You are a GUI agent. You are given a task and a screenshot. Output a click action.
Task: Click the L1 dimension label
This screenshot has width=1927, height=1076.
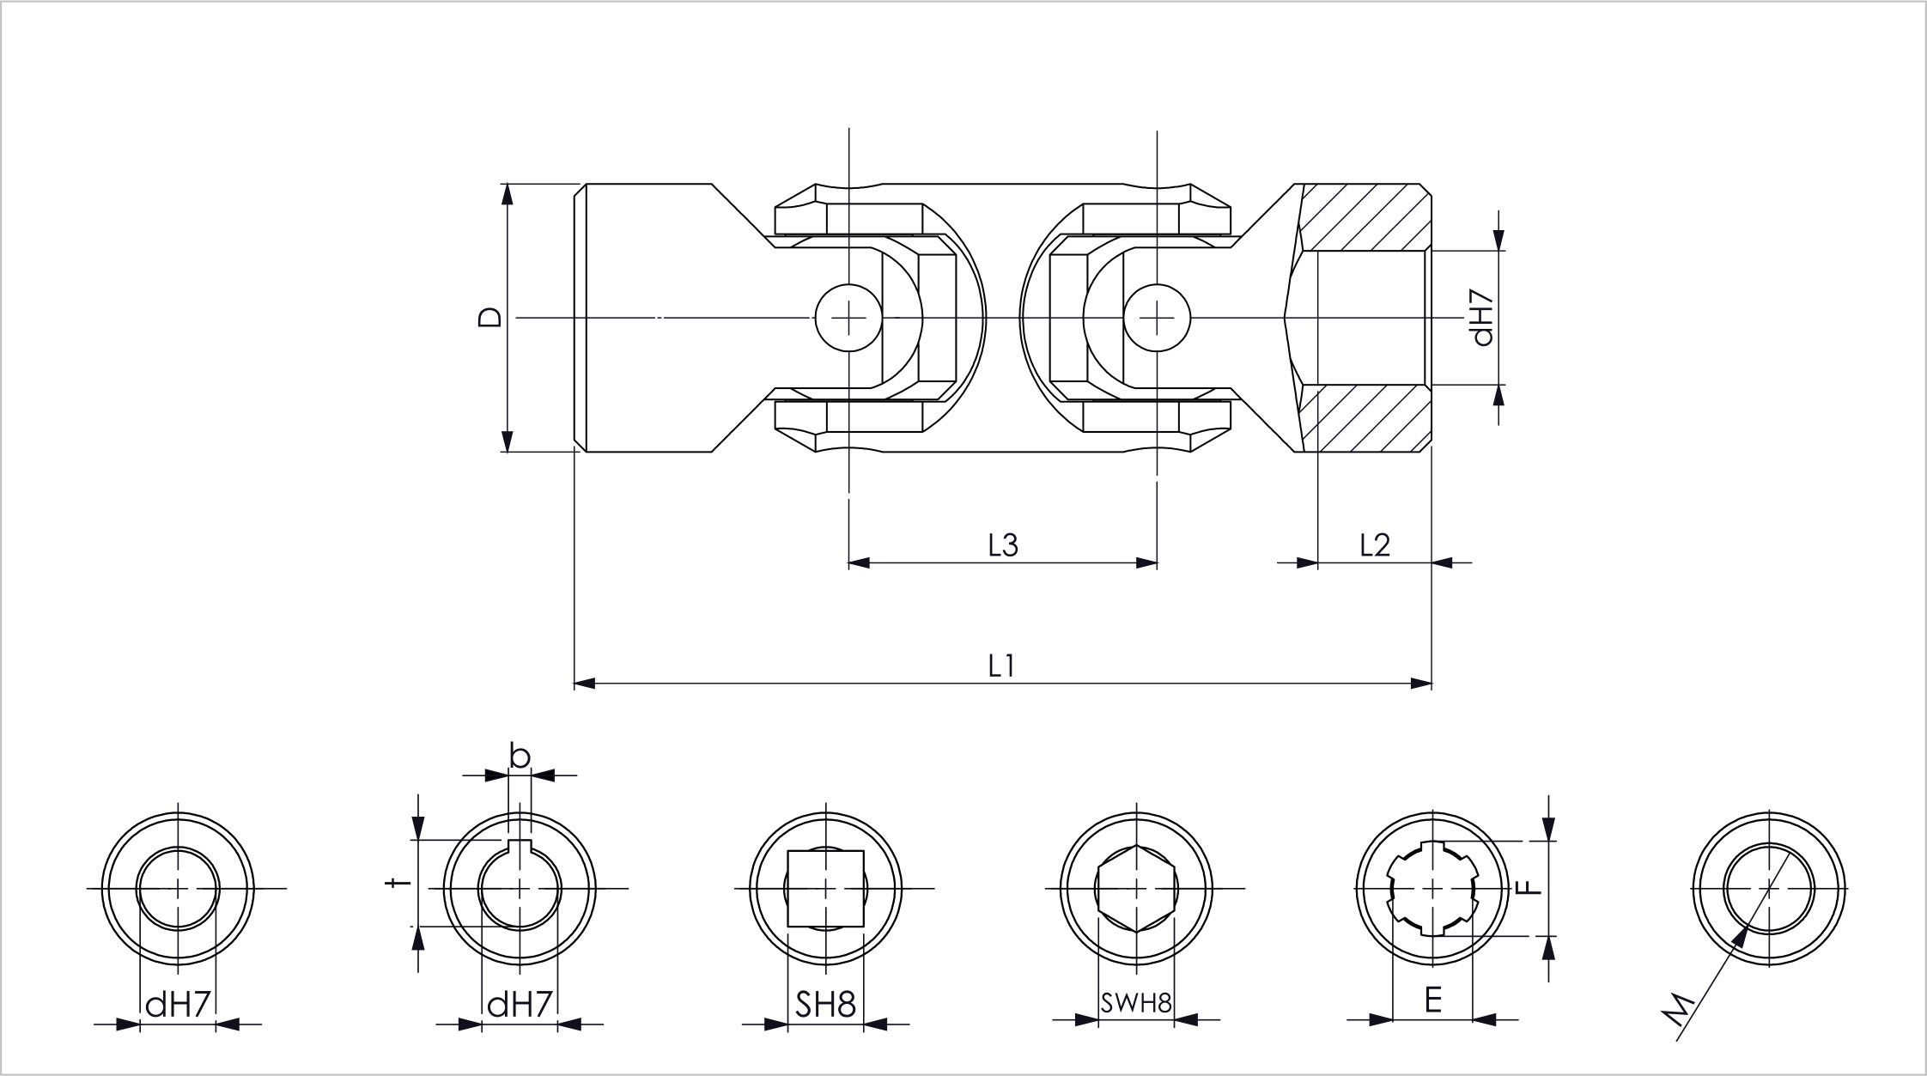(1001, 666)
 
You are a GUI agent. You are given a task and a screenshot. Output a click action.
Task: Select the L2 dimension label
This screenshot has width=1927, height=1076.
(1375, 544)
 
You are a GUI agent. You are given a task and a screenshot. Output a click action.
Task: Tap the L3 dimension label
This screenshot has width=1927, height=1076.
(1003, 544)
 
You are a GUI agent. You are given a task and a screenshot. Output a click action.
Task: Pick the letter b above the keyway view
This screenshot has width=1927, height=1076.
(520, 756)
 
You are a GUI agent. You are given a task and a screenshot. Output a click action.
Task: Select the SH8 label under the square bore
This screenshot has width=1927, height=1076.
(825, 1004)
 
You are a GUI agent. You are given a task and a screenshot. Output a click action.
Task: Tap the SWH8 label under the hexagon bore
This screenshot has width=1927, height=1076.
(1136, 1003)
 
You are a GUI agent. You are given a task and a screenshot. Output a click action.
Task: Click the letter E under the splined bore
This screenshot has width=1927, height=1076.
(1432, 1000)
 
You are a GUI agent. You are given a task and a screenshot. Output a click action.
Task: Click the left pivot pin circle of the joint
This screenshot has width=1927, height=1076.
(848, 318)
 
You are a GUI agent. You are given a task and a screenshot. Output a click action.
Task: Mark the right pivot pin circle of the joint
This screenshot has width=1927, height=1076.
(1157, 318)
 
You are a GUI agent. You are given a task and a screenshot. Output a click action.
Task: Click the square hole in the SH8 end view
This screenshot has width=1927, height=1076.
(825, 888)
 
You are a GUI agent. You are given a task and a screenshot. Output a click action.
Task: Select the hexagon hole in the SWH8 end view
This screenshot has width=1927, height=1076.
(1137, 888)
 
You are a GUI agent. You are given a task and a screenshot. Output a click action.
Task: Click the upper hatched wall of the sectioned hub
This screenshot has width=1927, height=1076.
(1365, 217)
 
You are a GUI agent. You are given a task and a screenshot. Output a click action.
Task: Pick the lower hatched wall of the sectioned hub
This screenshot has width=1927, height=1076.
(1365, 418)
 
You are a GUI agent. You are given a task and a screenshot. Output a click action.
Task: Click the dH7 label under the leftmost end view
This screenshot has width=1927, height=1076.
(178, 1004)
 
